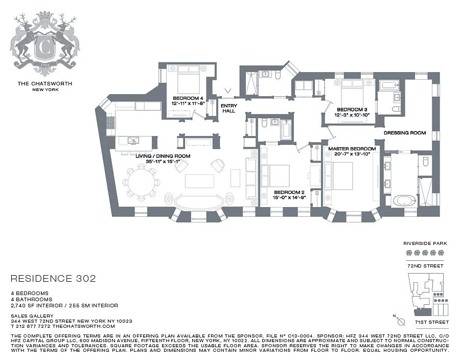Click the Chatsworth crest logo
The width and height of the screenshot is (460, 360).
[44, 40]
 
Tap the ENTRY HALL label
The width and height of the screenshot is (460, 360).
[229, 108]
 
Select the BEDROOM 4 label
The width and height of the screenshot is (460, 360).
[188, 98]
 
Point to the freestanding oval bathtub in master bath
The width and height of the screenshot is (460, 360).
[405, 201]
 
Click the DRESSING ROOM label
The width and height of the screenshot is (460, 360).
[405, 133]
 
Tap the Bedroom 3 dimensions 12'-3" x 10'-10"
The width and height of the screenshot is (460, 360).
[352, 115]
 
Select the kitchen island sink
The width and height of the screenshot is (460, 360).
[133, 140]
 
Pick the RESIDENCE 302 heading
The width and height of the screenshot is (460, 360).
[53, 278]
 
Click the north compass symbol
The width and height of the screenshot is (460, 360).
[400, 321]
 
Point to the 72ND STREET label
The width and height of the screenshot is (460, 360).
[425, 266]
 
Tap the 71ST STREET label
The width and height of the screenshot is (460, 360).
[432, 322]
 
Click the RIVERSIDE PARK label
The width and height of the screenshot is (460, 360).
[425, 243]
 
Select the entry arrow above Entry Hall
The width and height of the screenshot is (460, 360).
[228, 91]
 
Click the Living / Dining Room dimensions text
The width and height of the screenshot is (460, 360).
[163, 162]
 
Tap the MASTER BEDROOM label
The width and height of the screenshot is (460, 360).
[352, 149]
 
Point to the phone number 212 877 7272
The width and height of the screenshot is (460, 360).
[33, 326]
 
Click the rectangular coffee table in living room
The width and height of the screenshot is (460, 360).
[199, 181]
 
